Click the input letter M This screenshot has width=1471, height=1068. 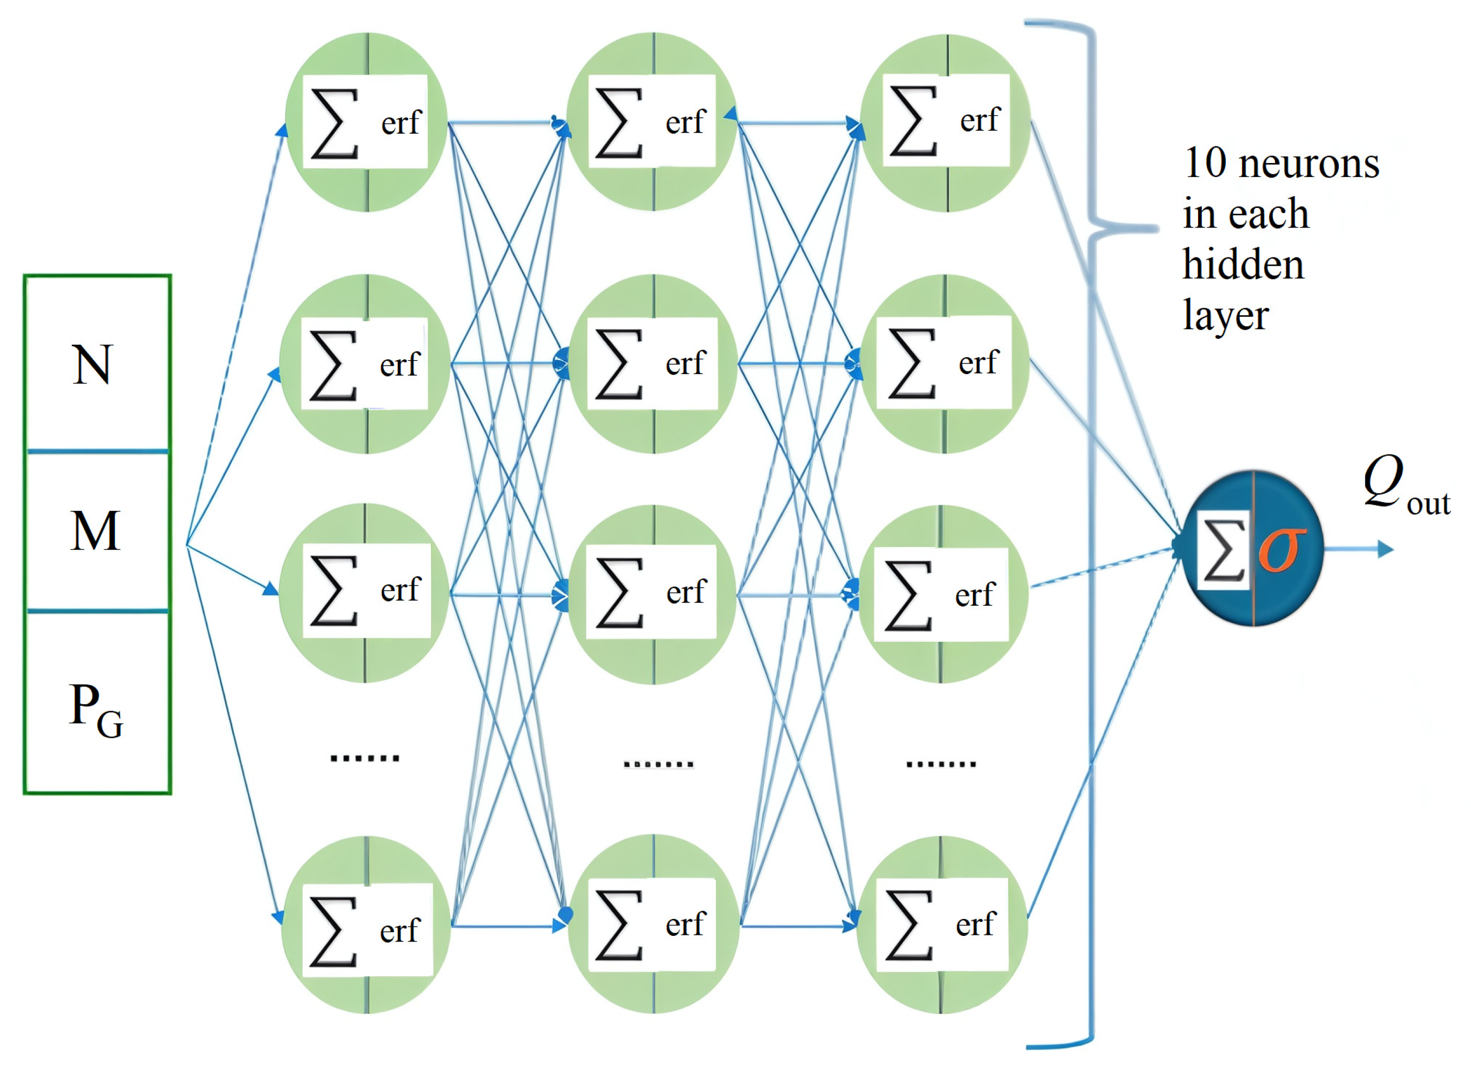[x=95, y=531]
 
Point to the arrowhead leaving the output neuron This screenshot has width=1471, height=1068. [x=1385, y=549]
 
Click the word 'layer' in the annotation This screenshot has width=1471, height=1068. [x=1225, y=316]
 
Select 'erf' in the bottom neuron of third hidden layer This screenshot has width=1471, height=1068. [x=975, y=924]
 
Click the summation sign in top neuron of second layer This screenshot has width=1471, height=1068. [x=619, y=123]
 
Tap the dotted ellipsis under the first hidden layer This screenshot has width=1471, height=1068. [x=364, y=757]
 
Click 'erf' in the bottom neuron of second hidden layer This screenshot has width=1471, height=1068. [x=685, y=924]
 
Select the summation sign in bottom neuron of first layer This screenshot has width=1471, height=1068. [x=333, y=931]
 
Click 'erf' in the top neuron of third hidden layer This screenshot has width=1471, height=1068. [x=979, y=120]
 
